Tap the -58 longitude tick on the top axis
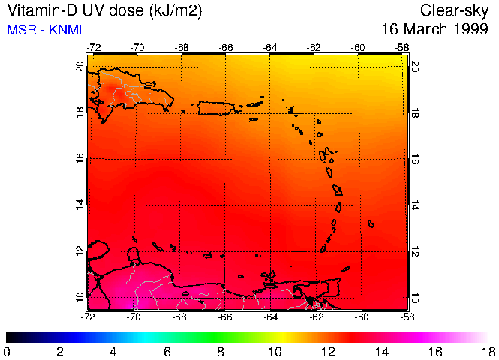(x=403, y=47)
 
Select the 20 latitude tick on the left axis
(x=80, y=66)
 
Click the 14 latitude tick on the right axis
(x=416, y=205)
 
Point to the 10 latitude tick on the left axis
(x=80, y=297)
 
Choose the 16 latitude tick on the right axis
(x=416, y=159)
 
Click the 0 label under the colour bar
(x=7, y=351)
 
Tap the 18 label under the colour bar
(x=489, y=351)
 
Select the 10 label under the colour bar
(x=275, y=351)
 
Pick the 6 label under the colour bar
(x=167, y=351)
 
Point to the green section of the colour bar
(x=225, y=337)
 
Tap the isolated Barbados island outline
(x=371, y=223)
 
